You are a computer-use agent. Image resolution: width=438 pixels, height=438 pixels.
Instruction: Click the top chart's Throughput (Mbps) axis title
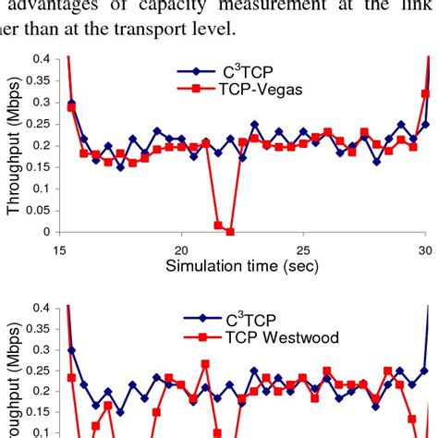pos(16,146)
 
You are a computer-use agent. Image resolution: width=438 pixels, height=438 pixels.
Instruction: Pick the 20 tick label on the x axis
pos(182,249)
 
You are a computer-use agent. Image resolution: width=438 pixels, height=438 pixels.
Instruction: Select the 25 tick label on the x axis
pos(304,249)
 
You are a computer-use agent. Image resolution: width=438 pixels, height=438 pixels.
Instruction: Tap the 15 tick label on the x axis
pos(60,249)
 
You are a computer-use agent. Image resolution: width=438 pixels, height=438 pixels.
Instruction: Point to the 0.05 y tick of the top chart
pos(38,211)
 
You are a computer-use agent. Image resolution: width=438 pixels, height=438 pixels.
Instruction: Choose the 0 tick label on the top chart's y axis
pos(45,233)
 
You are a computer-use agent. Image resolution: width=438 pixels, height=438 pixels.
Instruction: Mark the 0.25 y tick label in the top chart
pos(38,125)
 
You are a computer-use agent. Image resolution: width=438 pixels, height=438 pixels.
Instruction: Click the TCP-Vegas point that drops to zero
pos(230,231)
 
